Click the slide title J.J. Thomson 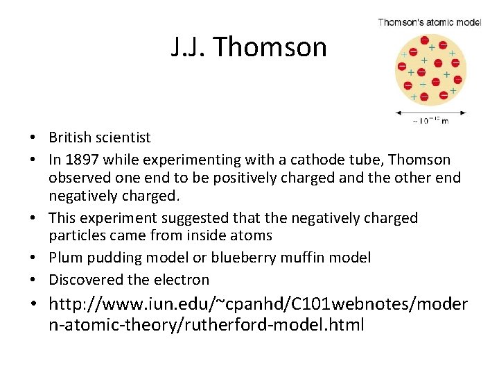[x=249, y=47]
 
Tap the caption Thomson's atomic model [x=429, y=22]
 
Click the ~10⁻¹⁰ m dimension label [x=430, y=121]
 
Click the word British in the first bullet [x=73, y=137]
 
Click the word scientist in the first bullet [x=125, y=137]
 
